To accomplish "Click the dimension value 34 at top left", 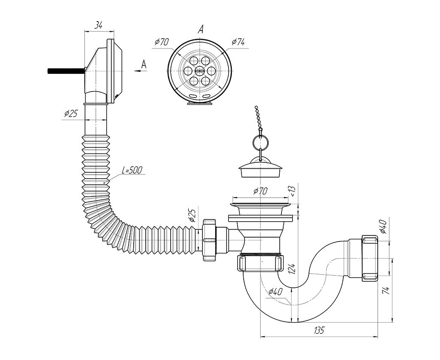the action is coord(98,25).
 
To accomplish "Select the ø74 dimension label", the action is coord(238,42).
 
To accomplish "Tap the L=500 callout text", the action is coord(132,170).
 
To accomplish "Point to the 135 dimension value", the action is coord(319,330).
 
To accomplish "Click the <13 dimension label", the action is coord(292,191).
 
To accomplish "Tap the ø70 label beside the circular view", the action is coord(162,42).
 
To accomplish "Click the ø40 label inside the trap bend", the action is coord(275,292).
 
